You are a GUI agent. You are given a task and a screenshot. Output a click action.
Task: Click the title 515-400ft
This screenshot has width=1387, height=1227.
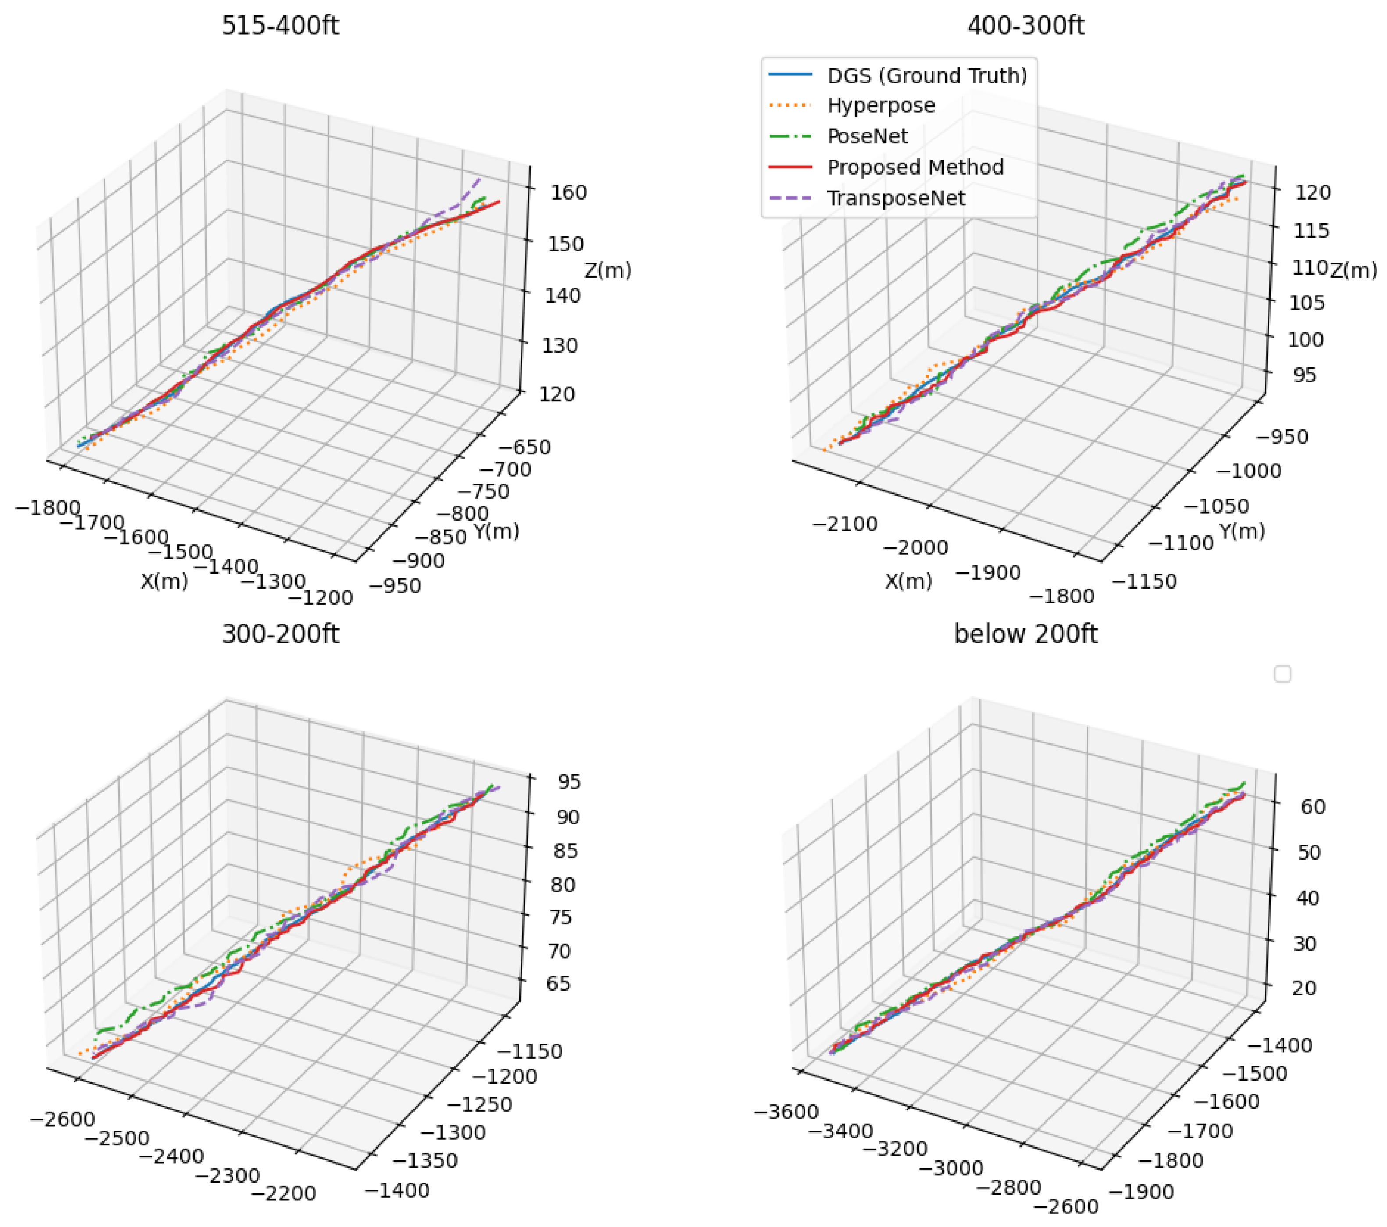coord(280,26)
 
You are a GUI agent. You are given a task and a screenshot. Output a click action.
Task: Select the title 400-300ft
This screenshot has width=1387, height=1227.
coord(1025,26)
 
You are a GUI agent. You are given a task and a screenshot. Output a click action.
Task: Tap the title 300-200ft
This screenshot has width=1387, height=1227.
coord(280,634)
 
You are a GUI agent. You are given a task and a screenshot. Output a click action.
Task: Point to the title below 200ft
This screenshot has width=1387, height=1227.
coord(1025,634)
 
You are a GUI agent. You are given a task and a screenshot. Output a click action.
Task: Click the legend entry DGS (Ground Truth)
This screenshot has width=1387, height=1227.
coord(926,75)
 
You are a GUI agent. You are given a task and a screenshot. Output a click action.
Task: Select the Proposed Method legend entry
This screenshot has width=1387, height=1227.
coord(915,167)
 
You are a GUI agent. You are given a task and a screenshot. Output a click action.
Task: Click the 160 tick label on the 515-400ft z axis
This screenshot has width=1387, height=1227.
coord(568,192)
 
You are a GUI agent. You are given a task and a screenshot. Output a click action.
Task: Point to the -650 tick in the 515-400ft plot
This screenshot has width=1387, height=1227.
coord(524,447)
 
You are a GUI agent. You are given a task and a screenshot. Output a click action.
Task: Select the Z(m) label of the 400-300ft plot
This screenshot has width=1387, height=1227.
coord(1353,271)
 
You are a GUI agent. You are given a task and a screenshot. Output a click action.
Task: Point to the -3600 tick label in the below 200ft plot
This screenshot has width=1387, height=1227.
coord(786,1112)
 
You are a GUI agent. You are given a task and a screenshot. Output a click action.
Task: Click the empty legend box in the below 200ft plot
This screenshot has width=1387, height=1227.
coord(1282,674)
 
